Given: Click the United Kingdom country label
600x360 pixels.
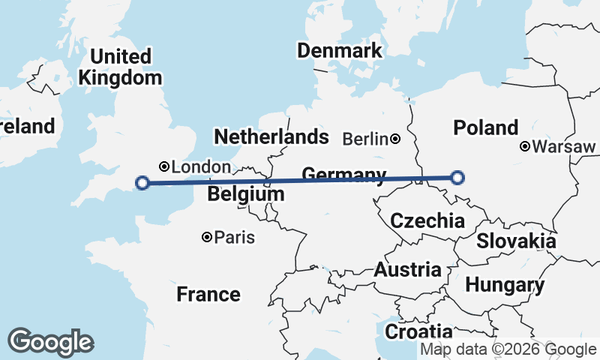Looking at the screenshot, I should click(x=120, y=67).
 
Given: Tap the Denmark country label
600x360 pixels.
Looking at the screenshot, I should click(x=340, y=51).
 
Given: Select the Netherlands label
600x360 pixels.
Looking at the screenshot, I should click(x=271, y=136).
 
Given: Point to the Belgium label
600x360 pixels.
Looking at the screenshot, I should click(x=246, y=194).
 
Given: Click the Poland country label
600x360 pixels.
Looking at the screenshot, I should click(x=486, y=127).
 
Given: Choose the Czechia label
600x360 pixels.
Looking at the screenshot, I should click(x=427, y=221).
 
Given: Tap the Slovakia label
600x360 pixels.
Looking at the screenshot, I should click(x=516, y=241).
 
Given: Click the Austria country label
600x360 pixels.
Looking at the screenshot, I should click(x=408, y=270).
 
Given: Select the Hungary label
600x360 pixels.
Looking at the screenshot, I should click(x=505, y=285).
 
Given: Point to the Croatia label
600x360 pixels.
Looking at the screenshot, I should click(x=418, y=331).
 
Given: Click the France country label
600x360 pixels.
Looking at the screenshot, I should click(x=208, y=294).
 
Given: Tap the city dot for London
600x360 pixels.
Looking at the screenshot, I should click(x=163, y=166).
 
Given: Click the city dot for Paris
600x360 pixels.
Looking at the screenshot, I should click(x=207, y=238).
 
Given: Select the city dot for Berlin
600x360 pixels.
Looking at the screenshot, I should click(x=395, y=139).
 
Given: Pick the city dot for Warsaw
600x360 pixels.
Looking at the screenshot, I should click(x=525, y=146).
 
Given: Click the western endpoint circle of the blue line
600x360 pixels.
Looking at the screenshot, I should click(x=142, y=182).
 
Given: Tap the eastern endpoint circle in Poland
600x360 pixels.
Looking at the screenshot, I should click(x=457, y=178).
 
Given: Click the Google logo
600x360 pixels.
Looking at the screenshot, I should click(x=50, y=342).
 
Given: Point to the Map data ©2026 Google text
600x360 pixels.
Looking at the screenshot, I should click(x=508, y=349).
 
